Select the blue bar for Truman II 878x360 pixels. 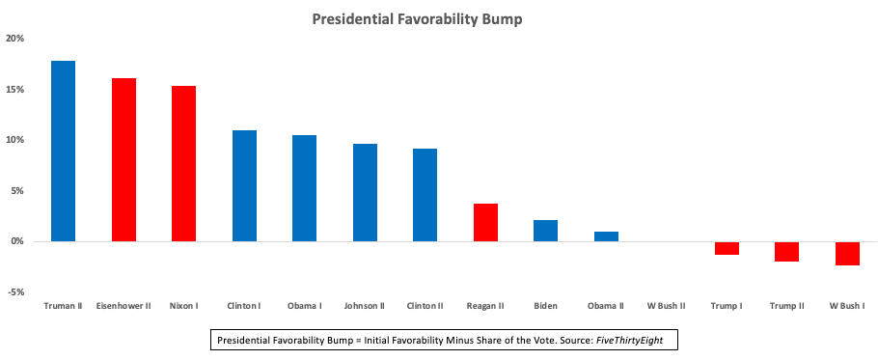pos(64,151)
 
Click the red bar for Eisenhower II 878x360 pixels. pos(123,159)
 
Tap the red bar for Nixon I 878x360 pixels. pos(184,163)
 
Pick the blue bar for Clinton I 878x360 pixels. pos(244,185)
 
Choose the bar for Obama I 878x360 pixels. pos(305,188)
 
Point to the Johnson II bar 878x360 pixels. pos(365,192)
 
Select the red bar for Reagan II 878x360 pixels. pos(485,222)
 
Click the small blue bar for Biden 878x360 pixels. pos(546,231)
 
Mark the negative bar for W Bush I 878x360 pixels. pos(847,253)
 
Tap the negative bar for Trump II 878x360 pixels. pos(787,251)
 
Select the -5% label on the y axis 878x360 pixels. pos(15,291)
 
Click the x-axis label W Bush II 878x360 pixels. pos(666,306)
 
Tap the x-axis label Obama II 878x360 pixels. pos(606,306)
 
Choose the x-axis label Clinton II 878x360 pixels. pos(425,306)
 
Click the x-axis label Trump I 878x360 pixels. pos(727,306)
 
